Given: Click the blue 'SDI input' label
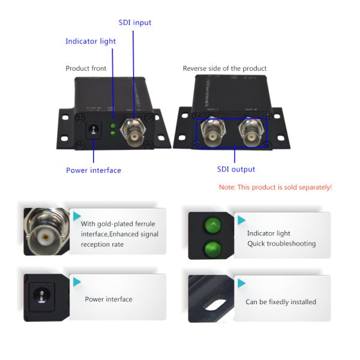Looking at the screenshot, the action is tap(135, 23).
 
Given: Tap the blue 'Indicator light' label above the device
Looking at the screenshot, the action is tap(91, 41).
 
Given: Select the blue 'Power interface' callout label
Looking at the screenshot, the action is tap(94, 170).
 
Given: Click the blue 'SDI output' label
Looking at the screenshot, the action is tap(236, 169).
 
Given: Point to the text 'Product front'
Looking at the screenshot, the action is tap(86, 68).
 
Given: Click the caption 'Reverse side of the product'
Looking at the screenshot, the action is tap(224, 68).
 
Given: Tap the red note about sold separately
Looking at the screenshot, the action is tap(275, 187).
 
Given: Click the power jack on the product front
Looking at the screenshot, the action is tap(94, 130).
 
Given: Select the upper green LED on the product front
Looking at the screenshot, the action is tap(113, 126).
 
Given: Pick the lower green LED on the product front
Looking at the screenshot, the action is tap(113, 133).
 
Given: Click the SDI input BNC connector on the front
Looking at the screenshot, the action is tap(133, 133).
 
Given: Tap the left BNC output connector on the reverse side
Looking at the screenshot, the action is tap(213, 134).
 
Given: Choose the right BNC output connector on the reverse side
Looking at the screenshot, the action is tap(251, 134).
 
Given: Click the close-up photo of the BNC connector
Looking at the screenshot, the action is tap(46, 232).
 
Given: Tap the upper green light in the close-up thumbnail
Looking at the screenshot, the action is tap(213, 225).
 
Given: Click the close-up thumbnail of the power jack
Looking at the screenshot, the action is tap(46, 298).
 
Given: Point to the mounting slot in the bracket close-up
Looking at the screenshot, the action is tap(215, 305).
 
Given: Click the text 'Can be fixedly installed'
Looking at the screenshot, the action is tap(281, 302).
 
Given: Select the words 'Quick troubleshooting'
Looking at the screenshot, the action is tap(281, 244).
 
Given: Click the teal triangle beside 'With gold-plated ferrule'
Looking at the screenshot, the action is tap(77, 216).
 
